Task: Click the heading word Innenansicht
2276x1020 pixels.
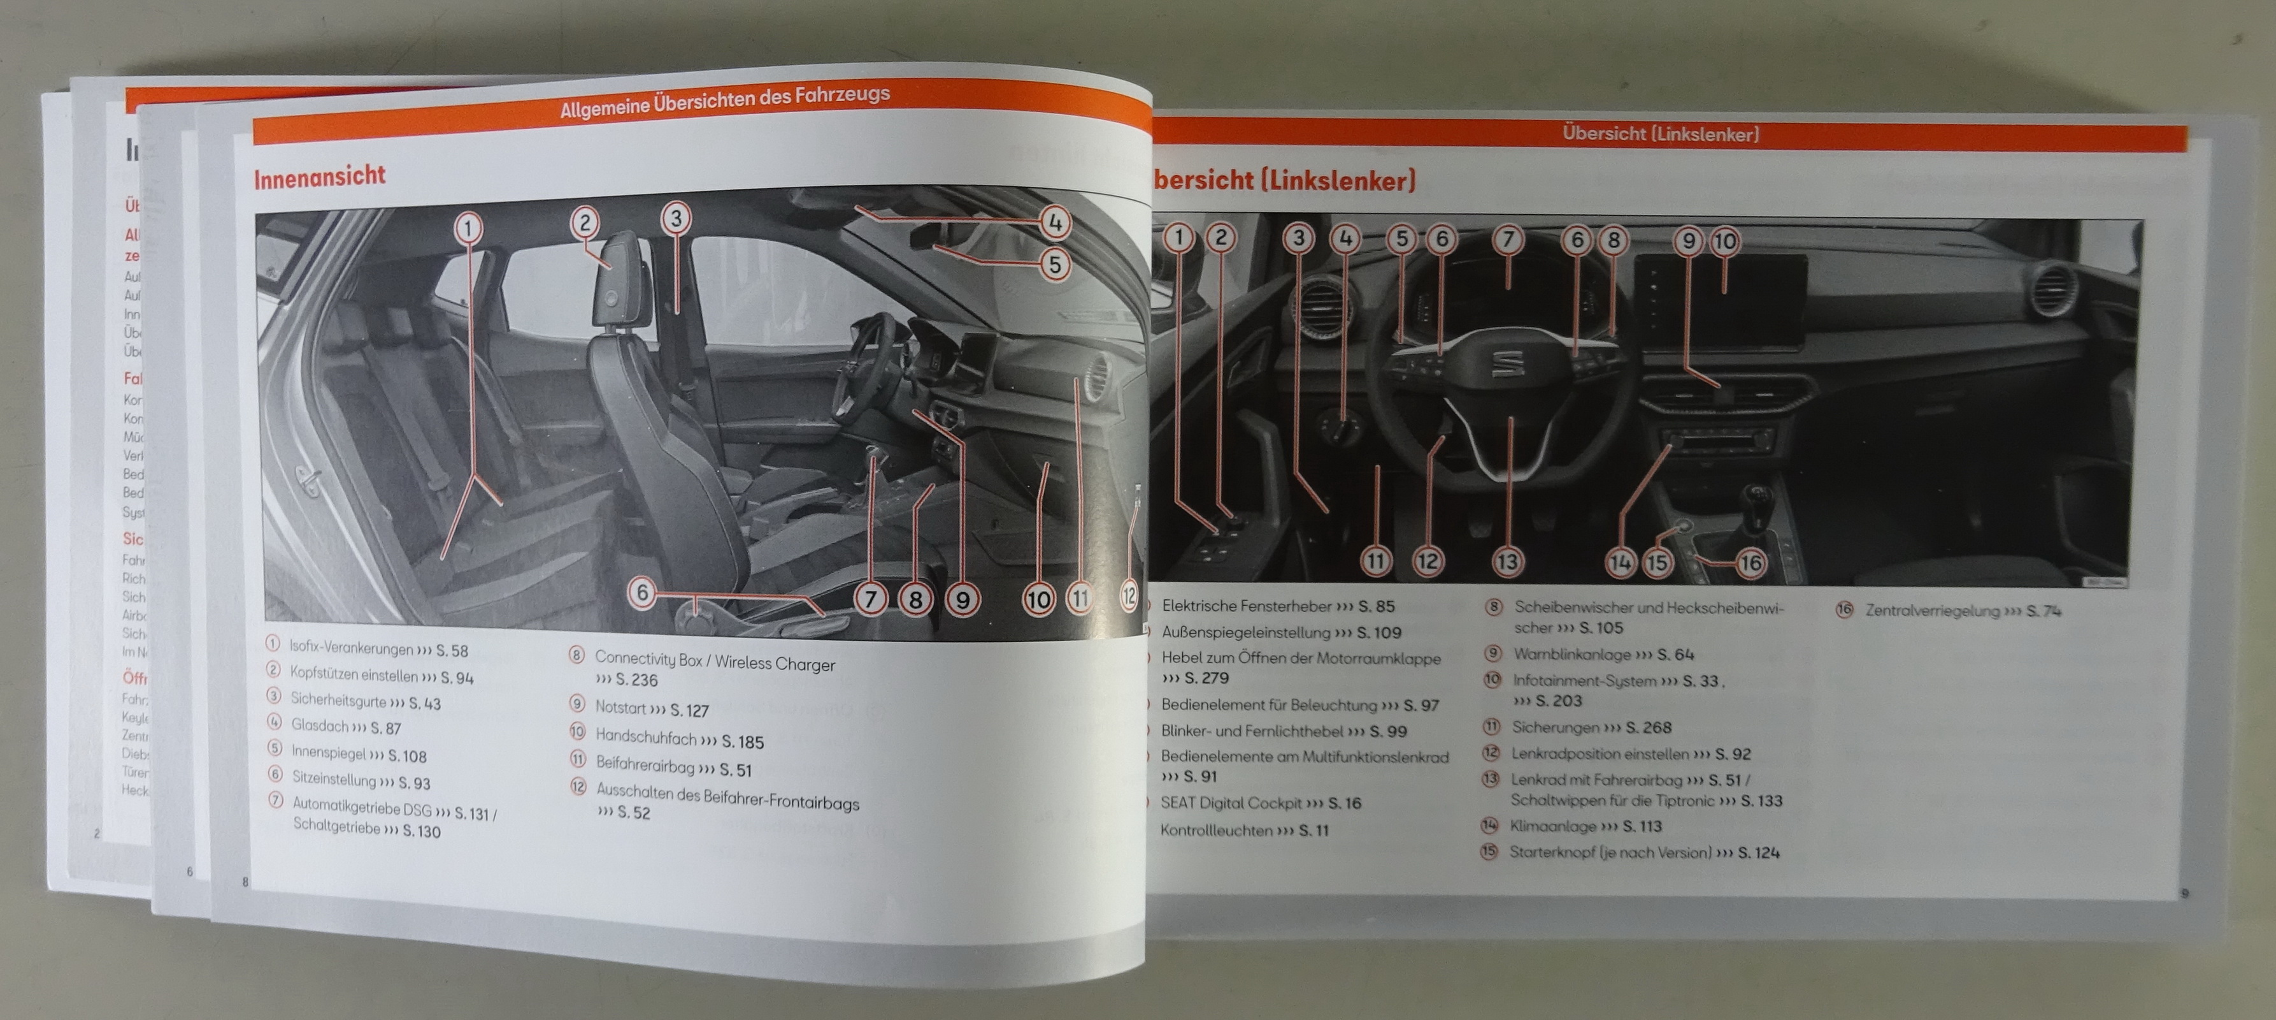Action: click(x=320, y=177)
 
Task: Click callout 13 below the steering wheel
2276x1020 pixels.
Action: click(x=1507, y=561)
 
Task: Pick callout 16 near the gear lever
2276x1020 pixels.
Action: click(x=1750, y=563)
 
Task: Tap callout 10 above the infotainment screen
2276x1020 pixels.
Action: click(x=1724, y=240)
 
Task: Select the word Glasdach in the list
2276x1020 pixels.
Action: click(x=320, y=725)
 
